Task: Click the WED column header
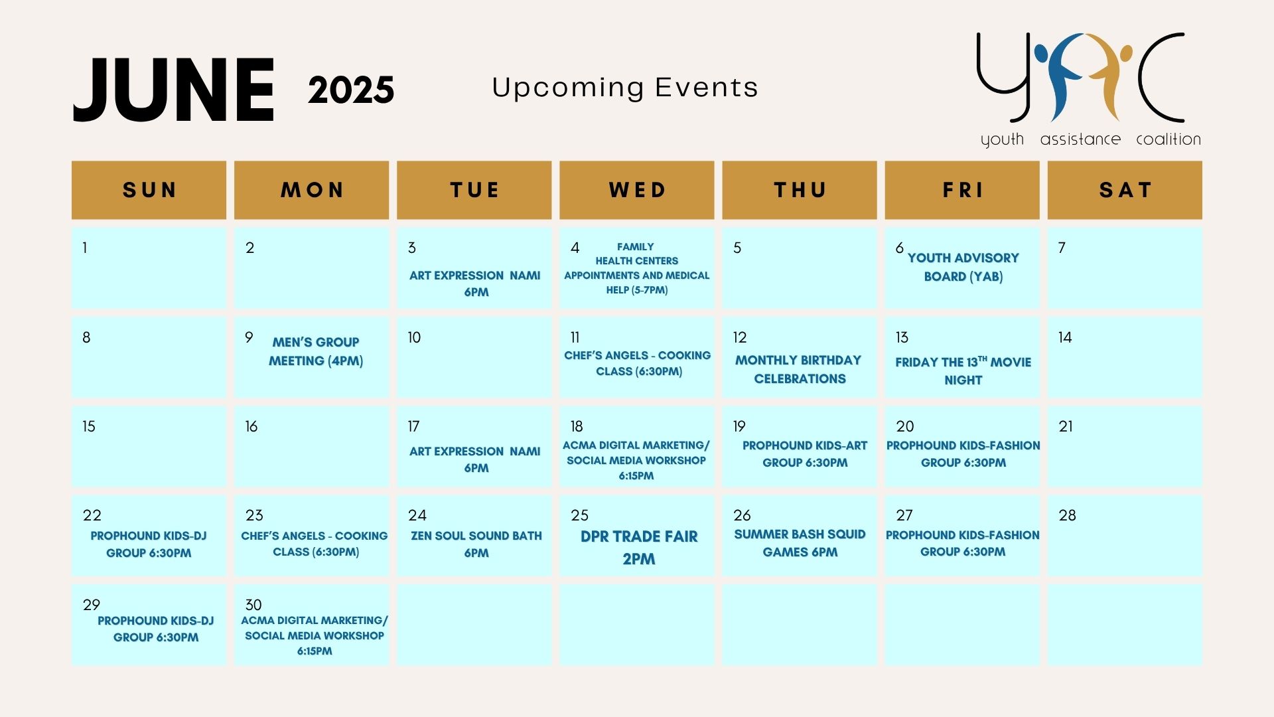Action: [x=637, y=190]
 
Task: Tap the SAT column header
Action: [x=1125, y=190]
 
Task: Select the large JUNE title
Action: [x=174, y=90]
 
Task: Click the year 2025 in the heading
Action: [x=351, y=90]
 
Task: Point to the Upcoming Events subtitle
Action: [x=625, y=88]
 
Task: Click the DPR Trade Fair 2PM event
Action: [x=639, y=548]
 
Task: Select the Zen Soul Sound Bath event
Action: [x=476, y=544]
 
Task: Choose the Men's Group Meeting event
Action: [x=316, y=351]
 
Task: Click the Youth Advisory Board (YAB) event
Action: [x=963, y=267]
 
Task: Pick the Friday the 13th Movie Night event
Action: [x=963, y=370]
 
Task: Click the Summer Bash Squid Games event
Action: [x=800, y=543]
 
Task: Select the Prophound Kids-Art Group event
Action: [x=805, y=454]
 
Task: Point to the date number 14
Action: [x=1065, y=338]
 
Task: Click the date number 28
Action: [x=1067, y=516]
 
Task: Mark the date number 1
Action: [x=85, y=248]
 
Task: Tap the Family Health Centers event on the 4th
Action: [x=637, y=268]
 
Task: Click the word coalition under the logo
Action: [x=1168, y=139]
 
